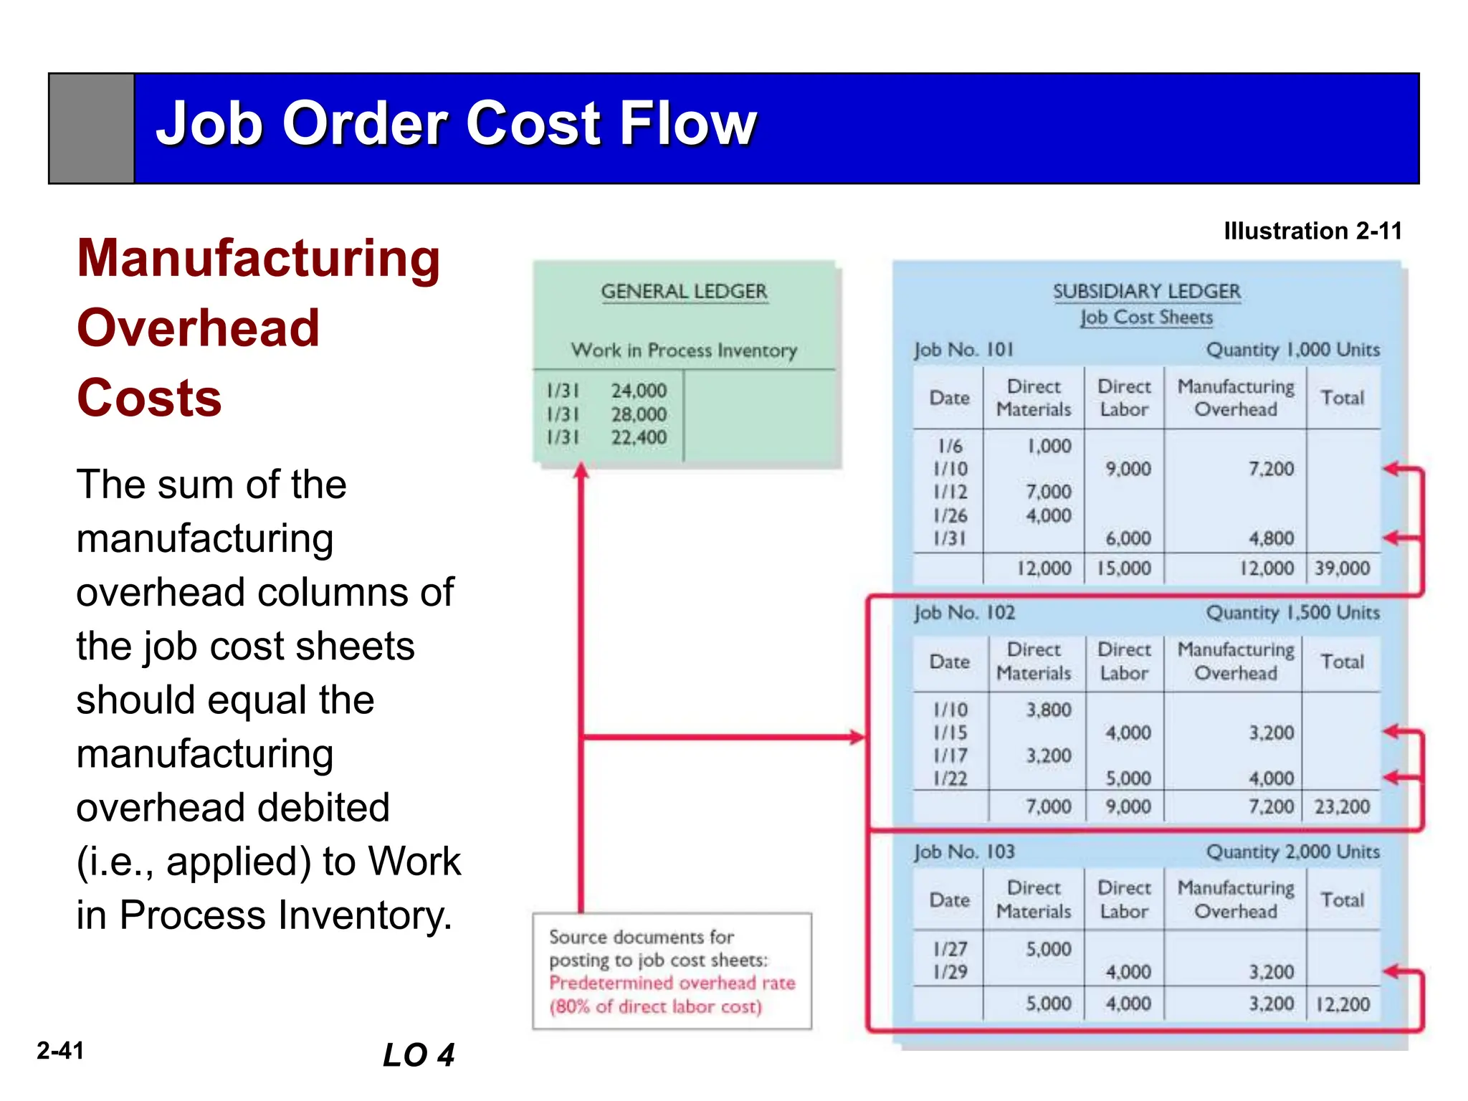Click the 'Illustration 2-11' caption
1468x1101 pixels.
[x=1312, y=231]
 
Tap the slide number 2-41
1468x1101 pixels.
[x=61, y=1051]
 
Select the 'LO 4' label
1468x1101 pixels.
[x=419, y=1055]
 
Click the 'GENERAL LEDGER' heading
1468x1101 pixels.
[x=684, y=292]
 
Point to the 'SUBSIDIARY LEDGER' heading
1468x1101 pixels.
[x=1146, y=292]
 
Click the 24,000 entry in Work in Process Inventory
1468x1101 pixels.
[x=638, y=391]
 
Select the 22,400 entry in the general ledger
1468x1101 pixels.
[x=638, y=437]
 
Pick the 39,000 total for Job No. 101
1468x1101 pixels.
[x=1342, y=568]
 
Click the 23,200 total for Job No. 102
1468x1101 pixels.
[x=1342, y=807]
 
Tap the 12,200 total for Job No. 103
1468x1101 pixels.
[x=1342, y=1004]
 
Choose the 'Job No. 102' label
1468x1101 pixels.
[x=964, y=613]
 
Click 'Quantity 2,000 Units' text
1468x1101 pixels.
[x=1292, y=852]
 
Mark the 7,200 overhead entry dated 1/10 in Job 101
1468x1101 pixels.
[x=1271, y=469]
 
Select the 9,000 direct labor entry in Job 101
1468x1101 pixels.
[x=1128, y=469]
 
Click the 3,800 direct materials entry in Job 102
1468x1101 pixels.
[x=1048, y=710]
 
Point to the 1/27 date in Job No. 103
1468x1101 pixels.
[x=950, y=949]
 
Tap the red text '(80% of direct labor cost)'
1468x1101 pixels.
[x=655, y=1007]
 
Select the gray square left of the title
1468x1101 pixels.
[x=92, y=128]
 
